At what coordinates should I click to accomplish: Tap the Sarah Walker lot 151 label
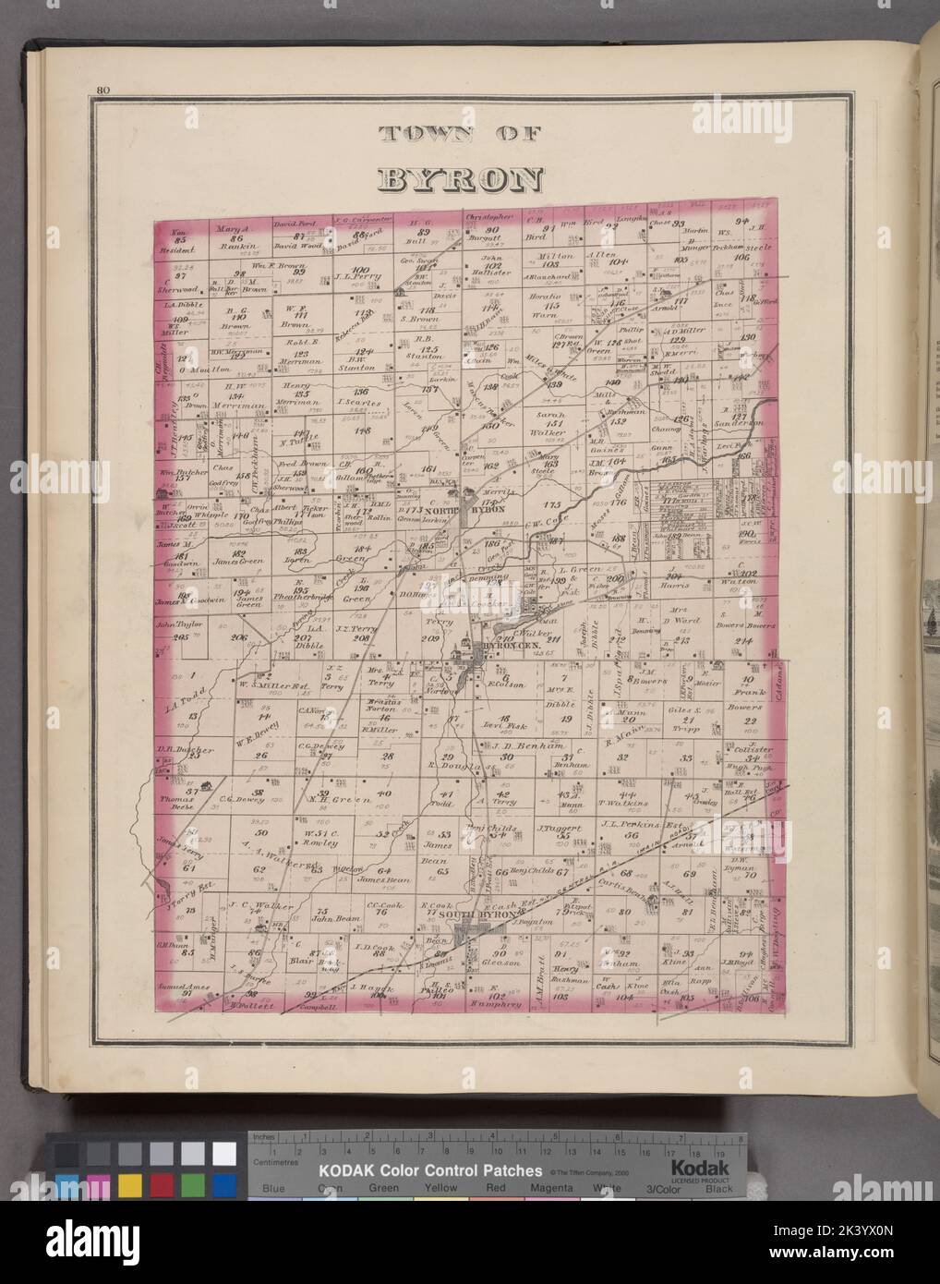(x=548, y=424)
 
